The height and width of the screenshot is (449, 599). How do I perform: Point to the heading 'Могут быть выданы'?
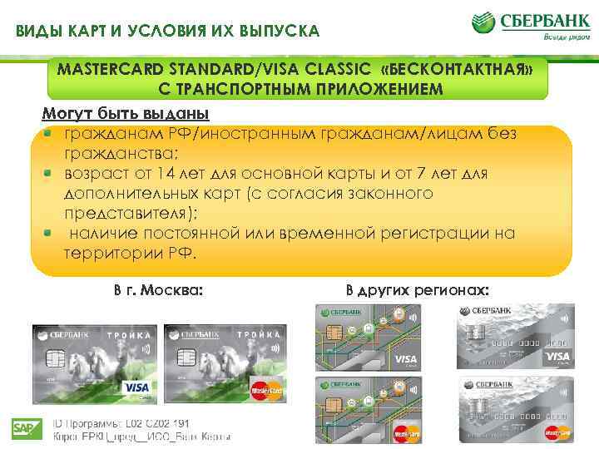coord(125,113)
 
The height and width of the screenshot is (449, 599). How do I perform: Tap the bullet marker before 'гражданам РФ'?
coord(49,133)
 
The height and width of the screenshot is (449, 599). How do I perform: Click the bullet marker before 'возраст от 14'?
coord(49,174)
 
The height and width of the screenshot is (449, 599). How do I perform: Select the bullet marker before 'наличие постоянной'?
coord(49,234)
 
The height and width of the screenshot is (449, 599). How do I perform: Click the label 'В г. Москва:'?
coord(158,291)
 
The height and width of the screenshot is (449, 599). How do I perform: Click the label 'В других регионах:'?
coord(418,291)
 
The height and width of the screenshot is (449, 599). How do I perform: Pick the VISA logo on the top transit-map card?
coord(407,359)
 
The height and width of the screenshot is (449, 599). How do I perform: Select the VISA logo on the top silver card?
coord(557,357)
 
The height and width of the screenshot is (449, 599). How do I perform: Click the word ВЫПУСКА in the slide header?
coord(275,32)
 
